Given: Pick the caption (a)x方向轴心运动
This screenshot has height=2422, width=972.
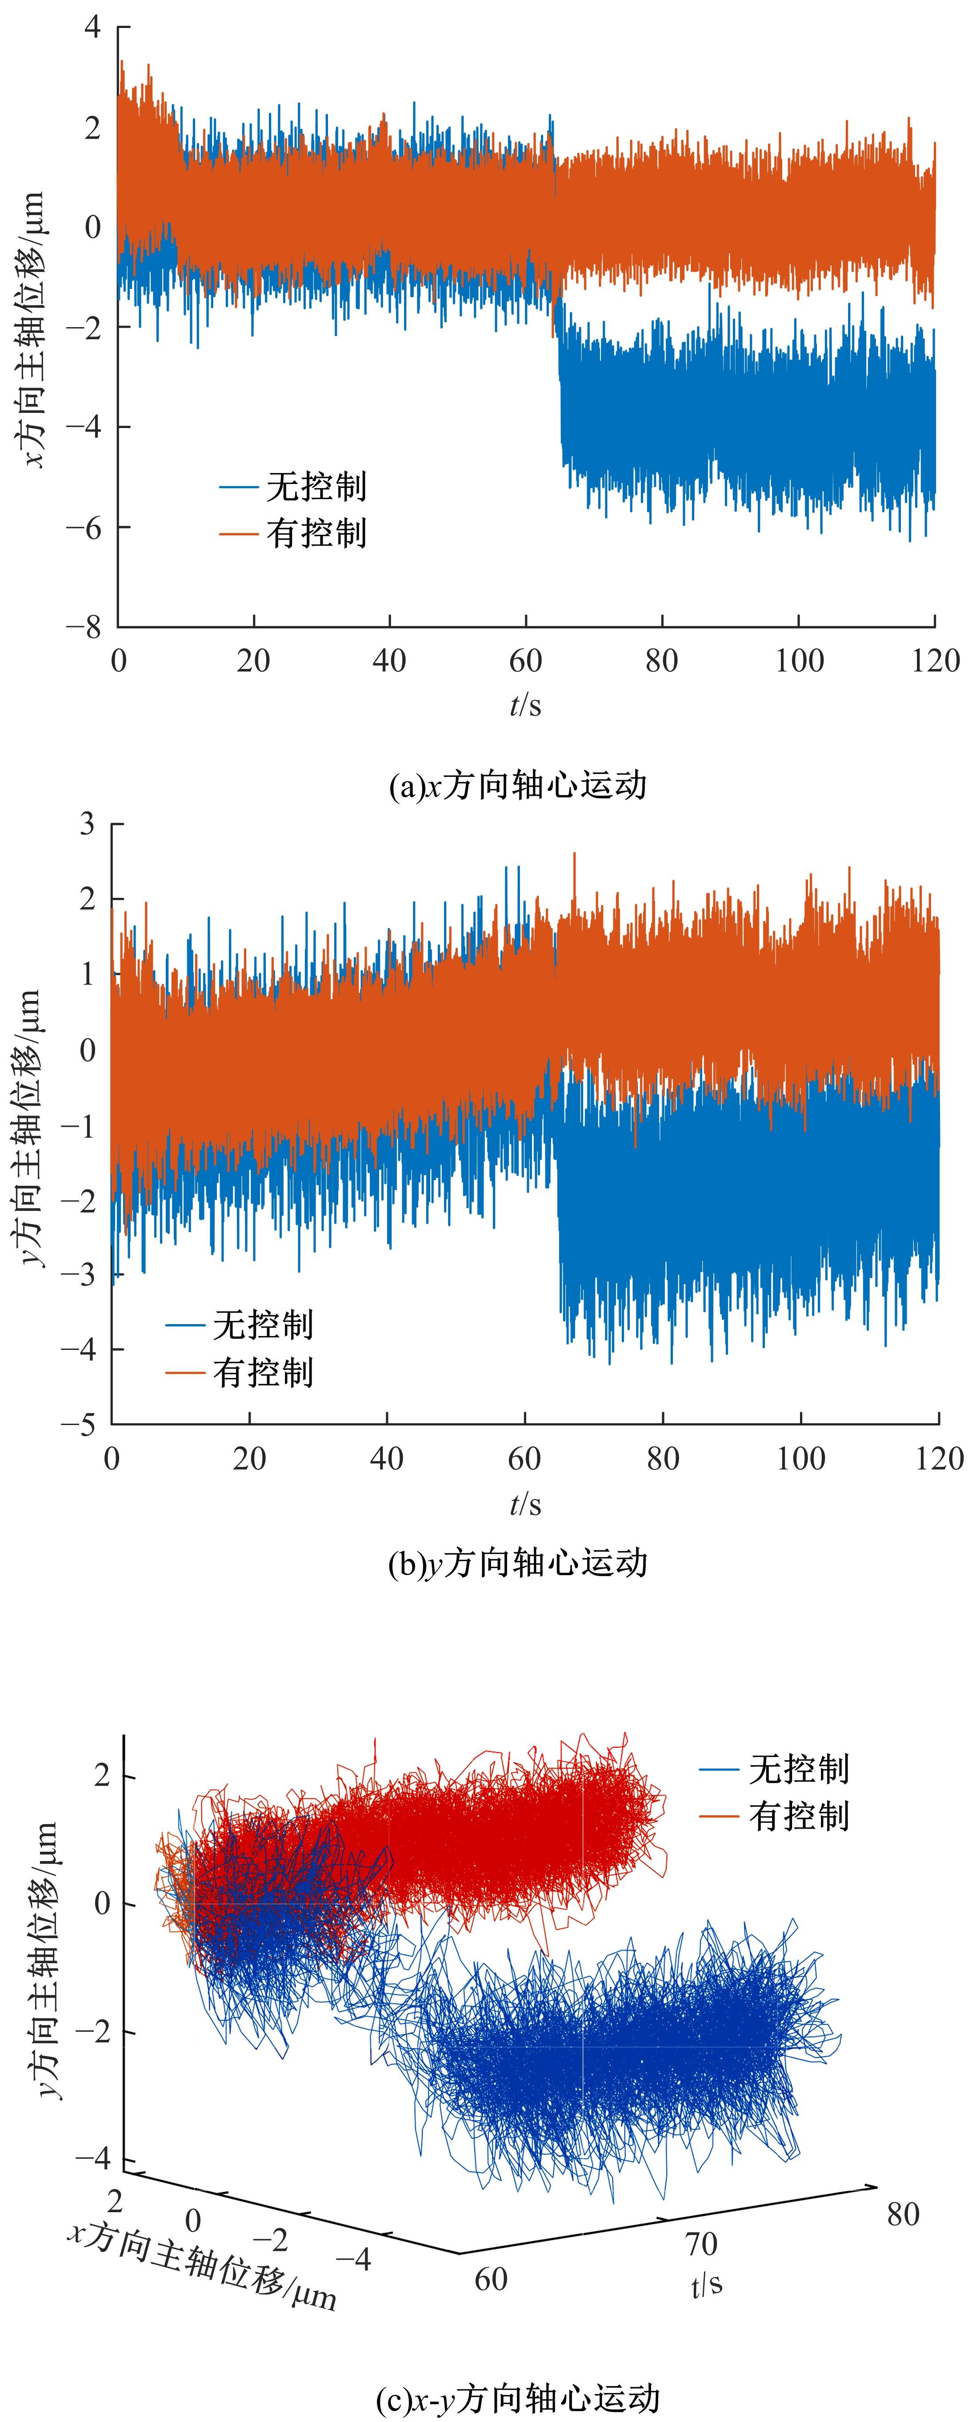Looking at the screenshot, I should tap(518, 785).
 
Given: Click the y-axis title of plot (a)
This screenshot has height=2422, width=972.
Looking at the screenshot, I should tap(33, 329).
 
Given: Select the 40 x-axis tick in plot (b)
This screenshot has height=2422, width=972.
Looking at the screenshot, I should tap(386, 1458).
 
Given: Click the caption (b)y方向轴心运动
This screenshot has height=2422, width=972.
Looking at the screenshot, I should tap(518, 1564).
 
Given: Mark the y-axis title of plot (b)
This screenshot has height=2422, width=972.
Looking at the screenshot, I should tap(33, 1128).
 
